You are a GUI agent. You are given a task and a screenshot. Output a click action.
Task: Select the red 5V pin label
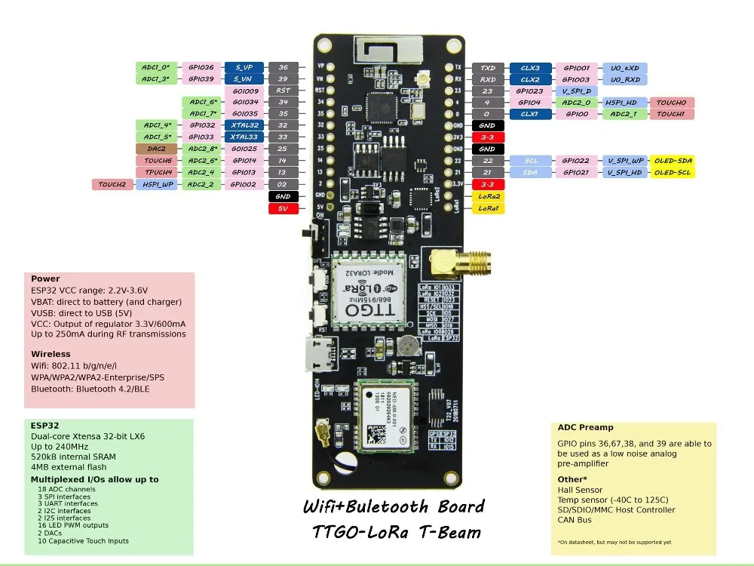point(283,208)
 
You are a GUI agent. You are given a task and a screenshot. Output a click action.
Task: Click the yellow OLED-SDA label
point(673,161)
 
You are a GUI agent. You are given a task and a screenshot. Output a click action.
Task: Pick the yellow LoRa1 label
point(488,208)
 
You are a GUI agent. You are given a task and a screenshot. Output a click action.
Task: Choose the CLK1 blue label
point(530,114)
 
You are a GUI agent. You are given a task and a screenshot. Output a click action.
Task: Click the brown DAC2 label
point(156,149)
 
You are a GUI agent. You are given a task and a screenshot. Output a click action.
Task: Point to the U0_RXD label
point(625,79)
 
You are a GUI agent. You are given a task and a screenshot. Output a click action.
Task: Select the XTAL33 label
point(244,137)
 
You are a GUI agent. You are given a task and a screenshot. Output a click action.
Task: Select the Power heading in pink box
point(45,278)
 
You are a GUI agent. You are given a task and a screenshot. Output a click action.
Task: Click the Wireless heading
point(51,354)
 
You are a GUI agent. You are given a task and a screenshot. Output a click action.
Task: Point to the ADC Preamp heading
point(585,428)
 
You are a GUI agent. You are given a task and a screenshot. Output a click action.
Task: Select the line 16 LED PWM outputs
point(72,525)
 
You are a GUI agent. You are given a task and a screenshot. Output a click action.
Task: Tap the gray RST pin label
point(283,91)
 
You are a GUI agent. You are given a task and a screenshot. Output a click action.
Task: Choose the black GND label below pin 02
point(283,196)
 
